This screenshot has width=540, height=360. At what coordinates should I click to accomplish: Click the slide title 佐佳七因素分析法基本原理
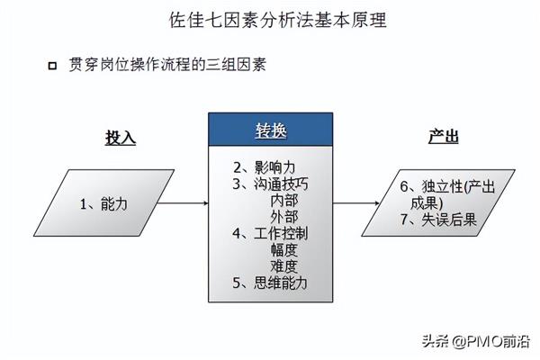click(x=278, y=20)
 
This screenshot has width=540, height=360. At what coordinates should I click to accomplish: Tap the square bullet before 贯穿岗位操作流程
click(x=52, y=66)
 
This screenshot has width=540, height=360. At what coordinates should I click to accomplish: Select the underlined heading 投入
click(x=121, y=138)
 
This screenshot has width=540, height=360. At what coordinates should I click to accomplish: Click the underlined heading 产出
click(x=444, y=137)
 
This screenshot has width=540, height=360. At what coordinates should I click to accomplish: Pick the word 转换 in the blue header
click(x=271, y=130)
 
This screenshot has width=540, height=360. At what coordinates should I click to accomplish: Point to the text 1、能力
click(x=103, y=204)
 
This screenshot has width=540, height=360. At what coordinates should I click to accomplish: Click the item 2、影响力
click(x=265, y=167)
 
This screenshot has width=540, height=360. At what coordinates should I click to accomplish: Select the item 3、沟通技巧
click(x=270, y=184)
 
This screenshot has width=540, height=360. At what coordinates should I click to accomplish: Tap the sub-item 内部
click(x=284, y=201)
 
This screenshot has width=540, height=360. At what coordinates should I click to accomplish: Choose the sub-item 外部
click(x=284, y=217)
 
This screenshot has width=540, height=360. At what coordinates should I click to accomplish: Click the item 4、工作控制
click(x=270, y=233)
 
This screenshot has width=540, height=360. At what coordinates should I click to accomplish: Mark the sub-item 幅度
click(x=284, y=250)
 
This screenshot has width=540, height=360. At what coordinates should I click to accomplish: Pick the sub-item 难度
click(x=284, y=266)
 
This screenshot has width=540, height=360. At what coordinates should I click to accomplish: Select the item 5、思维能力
click(x=270, y=283)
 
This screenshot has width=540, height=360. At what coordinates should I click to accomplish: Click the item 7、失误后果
click(x=438, y=220)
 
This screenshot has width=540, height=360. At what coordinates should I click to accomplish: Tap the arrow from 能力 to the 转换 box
click(x=183, y=202)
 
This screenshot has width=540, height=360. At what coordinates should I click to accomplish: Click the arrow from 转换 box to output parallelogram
click(x=356, y=202)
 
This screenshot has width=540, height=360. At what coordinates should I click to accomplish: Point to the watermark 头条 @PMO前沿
click(x=476, y=341)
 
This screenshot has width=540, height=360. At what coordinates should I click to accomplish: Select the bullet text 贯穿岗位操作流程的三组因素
click(x=167, y=65)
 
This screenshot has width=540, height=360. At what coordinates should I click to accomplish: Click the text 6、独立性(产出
click(x=447, y=186)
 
